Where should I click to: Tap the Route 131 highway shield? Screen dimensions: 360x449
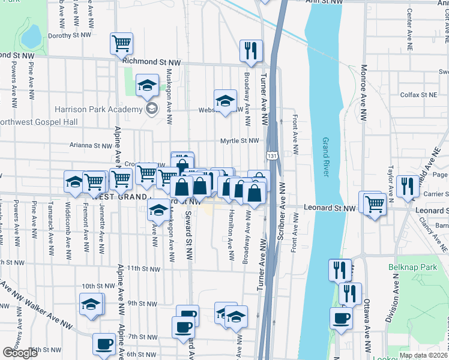[x=273, y=156]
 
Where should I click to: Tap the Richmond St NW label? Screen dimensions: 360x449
[x=151, y=61]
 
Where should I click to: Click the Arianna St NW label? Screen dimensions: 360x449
[x=91, y=145]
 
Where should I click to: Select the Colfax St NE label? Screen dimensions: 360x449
[x=420, y=95]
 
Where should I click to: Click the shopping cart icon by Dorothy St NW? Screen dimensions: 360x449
[x=122, y=43]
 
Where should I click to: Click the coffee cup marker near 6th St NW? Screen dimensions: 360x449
[x=104, y=344]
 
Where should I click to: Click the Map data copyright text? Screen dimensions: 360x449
[x=423, y=355]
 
